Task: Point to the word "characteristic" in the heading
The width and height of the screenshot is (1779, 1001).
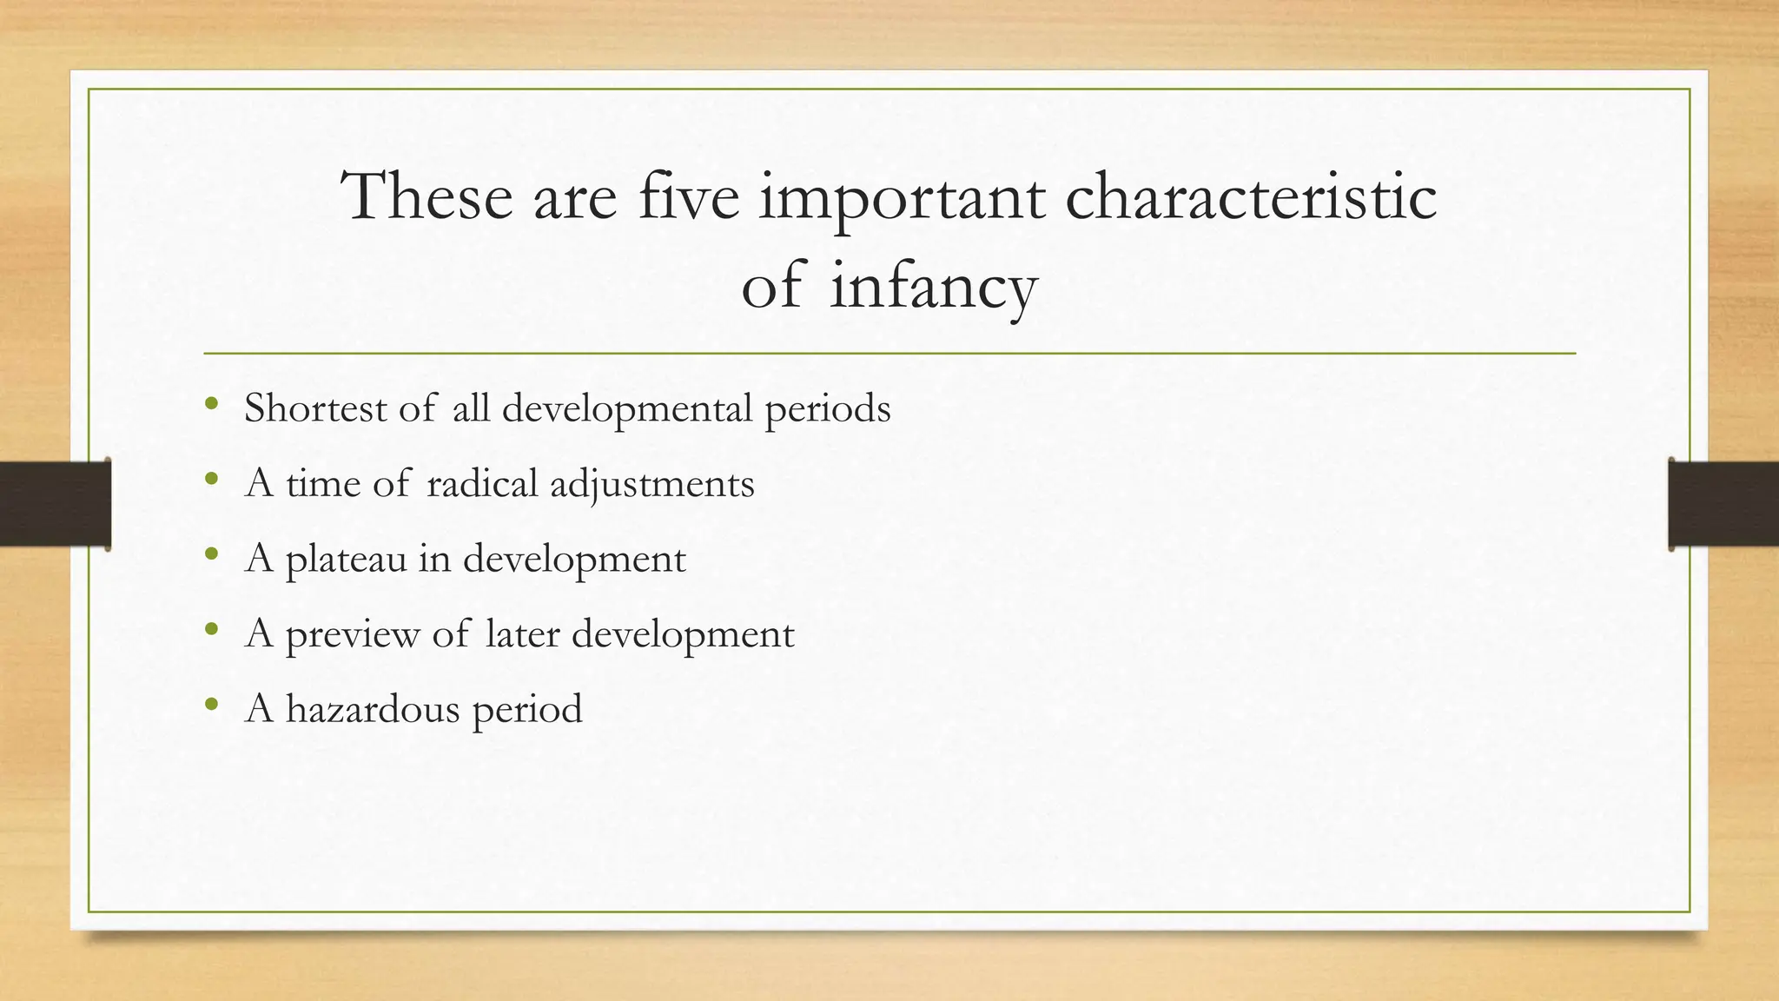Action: pyautogui.click(x=1251, y=197)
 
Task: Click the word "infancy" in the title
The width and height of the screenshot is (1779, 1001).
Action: pyautogui.click(x=933, y=288)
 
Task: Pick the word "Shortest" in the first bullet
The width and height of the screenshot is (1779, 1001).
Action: pyautogui.click(x=315, y=408)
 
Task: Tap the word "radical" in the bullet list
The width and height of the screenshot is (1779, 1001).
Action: pyautogui.click(x=482, y=483)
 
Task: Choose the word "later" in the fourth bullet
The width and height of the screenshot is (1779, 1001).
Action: pyautogui.click(x=522, y=633)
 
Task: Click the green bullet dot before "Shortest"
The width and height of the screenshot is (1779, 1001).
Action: pyautogui.click(x=211, y=404)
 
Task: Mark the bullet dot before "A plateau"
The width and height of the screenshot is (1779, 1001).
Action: pyautogui.click(x=211, y=554)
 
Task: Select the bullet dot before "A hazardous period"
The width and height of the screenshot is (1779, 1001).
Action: pyautogui.click(x=211, y=705)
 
